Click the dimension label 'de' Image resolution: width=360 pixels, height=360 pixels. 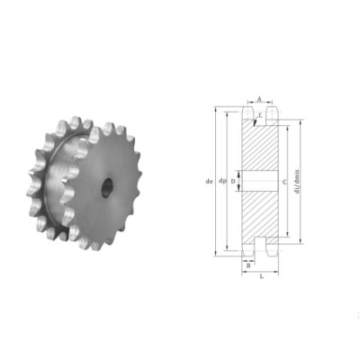coord(209,182)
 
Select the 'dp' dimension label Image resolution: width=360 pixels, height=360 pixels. coord(221,182)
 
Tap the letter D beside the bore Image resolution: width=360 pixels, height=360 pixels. coord(235,182)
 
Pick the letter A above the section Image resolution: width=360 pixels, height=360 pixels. coord(259,100)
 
